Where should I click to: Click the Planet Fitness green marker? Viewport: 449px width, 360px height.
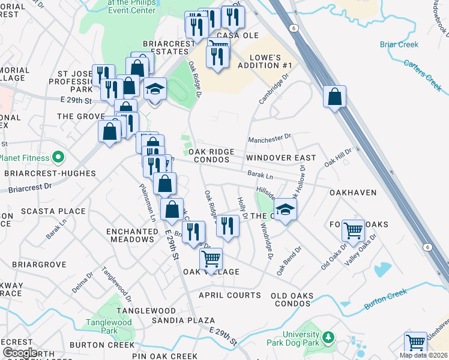point(58,158)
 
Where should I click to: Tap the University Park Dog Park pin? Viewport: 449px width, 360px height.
point(328,338)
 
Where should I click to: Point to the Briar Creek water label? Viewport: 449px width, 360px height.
point(399,44)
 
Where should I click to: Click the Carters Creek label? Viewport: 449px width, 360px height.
point(422,74)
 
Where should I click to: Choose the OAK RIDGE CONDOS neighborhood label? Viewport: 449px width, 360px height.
point(209,156)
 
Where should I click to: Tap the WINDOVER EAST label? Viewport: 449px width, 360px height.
point(280,158)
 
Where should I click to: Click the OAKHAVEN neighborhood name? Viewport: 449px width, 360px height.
point(352,193)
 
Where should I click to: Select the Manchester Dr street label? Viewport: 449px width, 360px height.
point(270,138)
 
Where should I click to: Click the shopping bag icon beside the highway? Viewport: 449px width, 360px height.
point(334,97)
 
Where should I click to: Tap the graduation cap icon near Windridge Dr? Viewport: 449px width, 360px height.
point(286,210)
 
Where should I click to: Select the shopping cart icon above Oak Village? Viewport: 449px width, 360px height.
point(211,259)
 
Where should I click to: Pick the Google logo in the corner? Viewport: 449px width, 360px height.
point(20,353)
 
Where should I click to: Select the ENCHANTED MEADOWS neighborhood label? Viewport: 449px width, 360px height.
point(131,235)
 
